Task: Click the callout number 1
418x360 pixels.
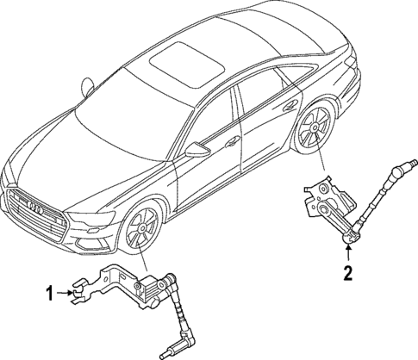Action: click(49, 293)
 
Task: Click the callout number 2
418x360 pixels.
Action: click(346, 275)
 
